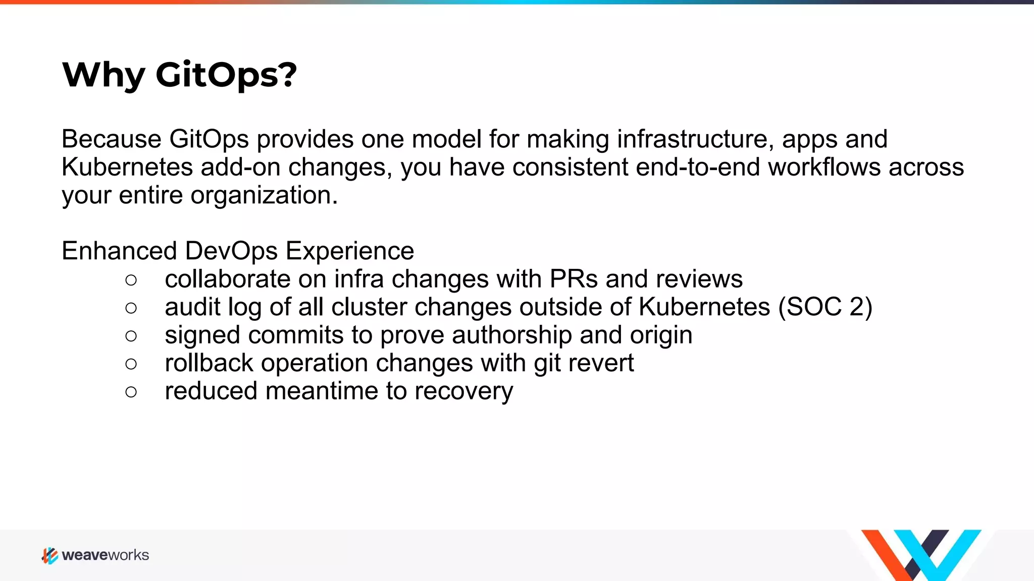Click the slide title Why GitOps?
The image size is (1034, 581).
tap(179, 75)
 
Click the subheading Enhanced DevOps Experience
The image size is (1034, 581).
tap(238, 251)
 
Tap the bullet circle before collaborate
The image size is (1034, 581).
tap(131, 280)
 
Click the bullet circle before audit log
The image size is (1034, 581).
tap(131, 308)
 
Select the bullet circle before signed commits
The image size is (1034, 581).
tap(131, 336)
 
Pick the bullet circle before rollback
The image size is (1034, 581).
tap(131, 364)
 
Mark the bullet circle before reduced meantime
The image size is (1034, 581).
tap(131, 392)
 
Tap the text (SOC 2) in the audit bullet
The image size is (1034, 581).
tap(825, 307)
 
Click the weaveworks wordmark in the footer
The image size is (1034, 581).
tap(106, 555)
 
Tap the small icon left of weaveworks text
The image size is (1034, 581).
tap(49, 556)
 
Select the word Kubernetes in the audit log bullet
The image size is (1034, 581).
tap(704, 307)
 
